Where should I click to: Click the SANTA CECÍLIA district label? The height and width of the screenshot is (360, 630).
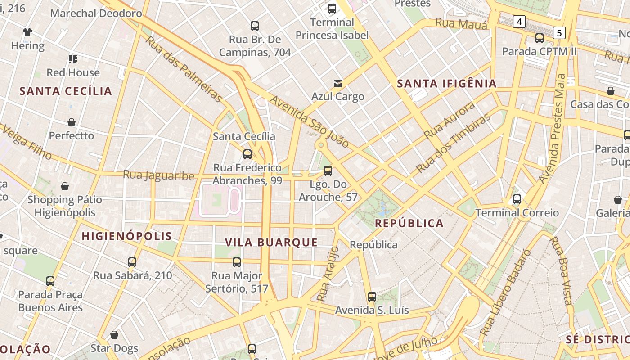point(66,91)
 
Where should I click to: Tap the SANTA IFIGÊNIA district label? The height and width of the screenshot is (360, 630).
point(447,83)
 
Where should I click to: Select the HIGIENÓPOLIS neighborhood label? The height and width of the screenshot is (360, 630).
point(127,236)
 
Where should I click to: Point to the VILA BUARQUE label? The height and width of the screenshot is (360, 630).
point(271,243)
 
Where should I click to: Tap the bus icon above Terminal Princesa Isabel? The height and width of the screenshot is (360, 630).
point(332,9)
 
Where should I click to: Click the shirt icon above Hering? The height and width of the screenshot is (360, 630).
point(28,32)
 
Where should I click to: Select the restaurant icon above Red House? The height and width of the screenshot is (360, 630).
point(73,59)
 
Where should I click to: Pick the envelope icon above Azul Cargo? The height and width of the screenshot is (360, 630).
point(338,83)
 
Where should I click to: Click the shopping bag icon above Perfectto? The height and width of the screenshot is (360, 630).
point(72,122)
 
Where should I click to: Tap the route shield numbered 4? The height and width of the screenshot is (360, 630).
point(520,21)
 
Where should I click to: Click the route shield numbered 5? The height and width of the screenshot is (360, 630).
point(559,32)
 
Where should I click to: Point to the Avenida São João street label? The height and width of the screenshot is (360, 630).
point(310,122)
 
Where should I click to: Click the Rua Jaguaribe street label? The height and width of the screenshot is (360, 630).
point(158,175)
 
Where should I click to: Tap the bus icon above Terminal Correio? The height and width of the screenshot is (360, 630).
point(517,199)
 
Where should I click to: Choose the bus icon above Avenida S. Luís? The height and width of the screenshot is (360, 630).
point(372,297)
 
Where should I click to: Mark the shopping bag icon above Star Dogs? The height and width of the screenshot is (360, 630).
point(114,335)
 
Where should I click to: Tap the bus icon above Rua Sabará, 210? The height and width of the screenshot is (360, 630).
point(132,262)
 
